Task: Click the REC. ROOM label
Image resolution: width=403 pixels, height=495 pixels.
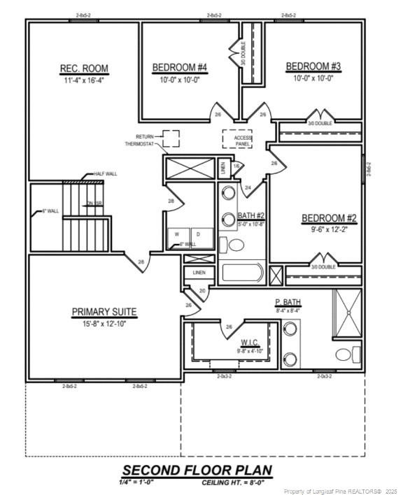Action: [84, 69]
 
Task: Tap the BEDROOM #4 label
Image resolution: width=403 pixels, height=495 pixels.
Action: [180, 68]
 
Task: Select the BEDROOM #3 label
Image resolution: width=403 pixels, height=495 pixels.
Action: [313, 66]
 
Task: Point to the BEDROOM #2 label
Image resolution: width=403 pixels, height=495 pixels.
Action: [329, 218]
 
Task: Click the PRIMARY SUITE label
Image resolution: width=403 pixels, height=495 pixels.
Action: [104, 312]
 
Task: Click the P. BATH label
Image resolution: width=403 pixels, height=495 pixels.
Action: [288, 303]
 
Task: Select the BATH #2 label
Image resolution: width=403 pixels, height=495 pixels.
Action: [250, 215]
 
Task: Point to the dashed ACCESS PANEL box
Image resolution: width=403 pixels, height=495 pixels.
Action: [238, 140]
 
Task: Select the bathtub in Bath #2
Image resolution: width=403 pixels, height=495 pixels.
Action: [241, 273]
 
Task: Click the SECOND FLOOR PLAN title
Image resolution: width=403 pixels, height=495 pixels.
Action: [197, 470]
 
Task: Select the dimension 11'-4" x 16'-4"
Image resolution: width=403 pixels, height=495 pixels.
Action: [84, 80]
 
